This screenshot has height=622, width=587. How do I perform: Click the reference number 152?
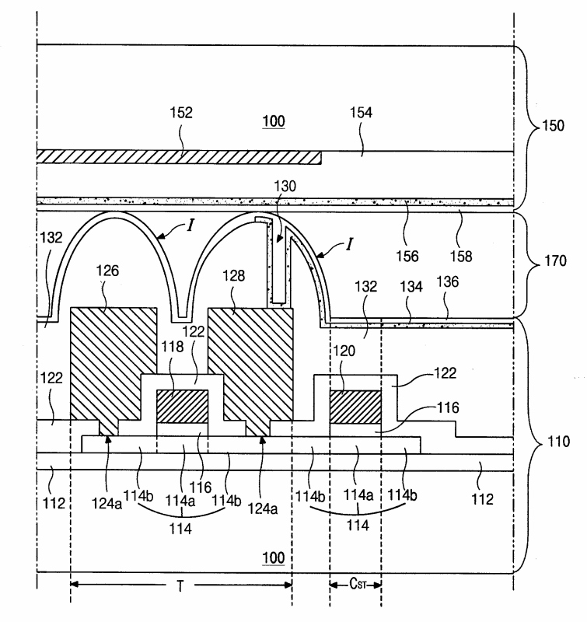click(x=181, y=113)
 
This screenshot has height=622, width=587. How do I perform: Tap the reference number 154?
click(x=361, y=113)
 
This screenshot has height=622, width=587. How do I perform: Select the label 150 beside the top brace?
click(x=553, y=125)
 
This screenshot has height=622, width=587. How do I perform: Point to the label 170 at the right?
click(x=555, y=260)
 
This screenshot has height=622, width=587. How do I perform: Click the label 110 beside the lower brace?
click(x=558, y=441)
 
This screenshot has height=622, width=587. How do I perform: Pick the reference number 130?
click(x=285, y=186)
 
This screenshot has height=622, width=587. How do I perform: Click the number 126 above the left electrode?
click(x=107, y=271)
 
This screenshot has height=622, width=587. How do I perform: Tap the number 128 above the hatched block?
click(x=233, y=275)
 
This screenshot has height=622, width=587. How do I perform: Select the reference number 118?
click(x=173, y=347)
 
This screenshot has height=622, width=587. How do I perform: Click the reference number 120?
click(x=344, y=351)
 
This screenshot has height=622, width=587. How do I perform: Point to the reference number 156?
click(x=407, y=257)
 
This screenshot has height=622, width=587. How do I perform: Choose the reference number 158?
click(x=461, y=257)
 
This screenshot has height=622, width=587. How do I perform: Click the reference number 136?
click(x=447, y=281)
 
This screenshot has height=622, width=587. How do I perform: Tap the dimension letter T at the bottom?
click(x=180, y=586)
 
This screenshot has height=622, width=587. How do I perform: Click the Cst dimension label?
click(x=358, y=584)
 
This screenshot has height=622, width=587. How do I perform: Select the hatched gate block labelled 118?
click(x=183, y=407)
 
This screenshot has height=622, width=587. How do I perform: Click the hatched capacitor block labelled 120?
click(x=355, y=407)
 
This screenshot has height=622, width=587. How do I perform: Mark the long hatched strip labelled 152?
click(x=179, y=157)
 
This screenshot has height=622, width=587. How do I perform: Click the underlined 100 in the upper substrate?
click(x=274, y=121)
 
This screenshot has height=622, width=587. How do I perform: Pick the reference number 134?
click(x=411, y=286)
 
